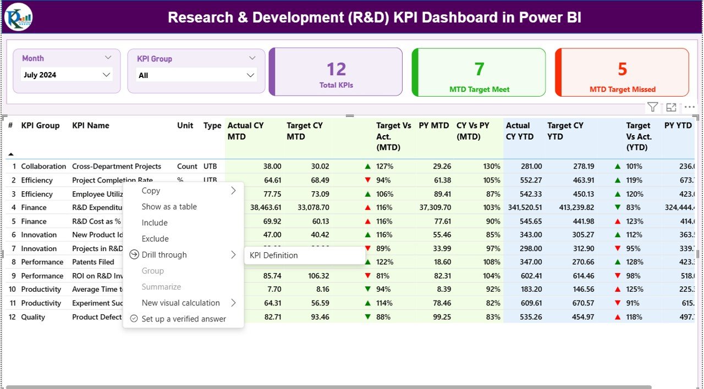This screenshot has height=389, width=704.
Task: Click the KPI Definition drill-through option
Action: click(x=274, y=255)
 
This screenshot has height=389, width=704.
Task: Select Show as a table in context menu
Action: click(x=169, y=207)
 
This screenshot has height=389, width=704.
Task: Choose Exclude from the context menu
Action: click(x=155, y=238)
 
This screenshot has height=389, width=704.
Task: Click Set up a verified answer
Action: click(x=184, y=319)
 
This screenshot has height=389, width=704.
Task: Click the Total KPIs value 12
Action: click(x=336, y=69)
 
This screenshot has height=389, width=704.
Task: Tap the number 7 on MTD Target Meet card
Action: click(x=479, y=69)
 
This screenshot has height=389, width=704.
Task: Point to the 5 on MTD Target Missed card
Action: click(x=622, y=69)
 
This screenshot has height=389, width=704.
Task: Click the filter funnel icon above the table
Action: click(x=652, y=107)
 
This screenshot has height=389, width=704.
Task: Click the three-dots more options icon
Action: click(x=689, y=107)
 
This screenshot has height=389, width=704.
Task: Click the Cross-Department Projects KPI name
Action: click(x=117, y=166)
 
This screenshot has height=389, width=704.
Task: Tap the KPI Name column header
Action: click(x=91, y=125)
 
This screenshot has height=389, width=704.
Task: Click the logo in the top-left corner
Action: click(x=19, y=17)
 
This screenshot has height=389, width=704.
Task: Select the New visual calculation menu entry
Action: click(x=180, y=303)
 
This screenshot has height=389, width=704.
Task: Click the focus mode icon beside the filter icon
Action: click(x=671, y=107)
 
